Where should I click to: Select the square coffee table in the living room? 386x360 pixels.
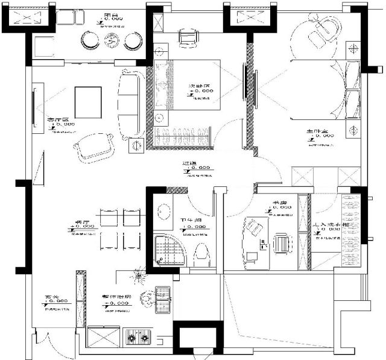pyautogui.click(x=88, y=99)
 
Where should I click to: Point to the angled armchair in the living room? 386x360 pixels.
pyautogui.click(x=95, y=145)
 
